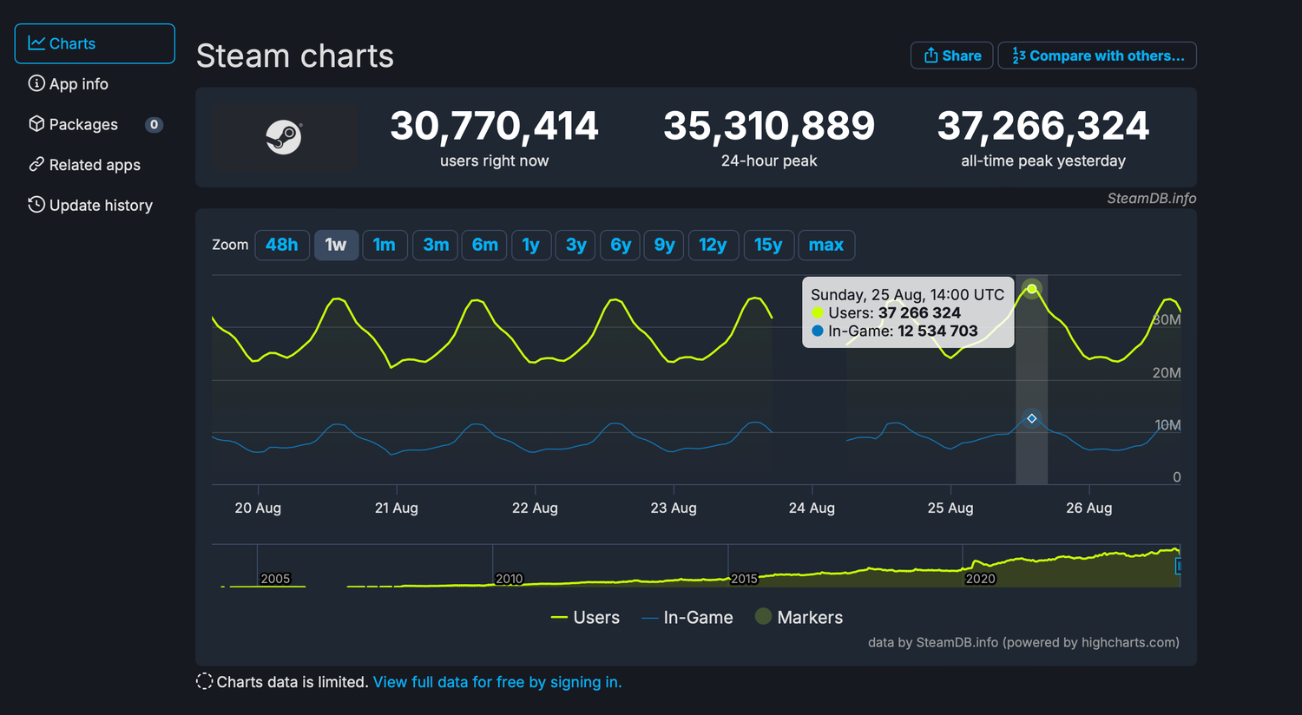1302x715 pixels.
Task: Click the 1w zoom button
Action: tap(336, 245)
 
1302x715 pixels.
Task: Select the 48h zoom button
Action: tap(282, 245)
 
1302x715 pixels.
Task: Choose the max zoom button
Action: tap(825, 245)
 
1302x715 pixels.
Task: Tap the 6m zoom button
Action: tap(484, 245)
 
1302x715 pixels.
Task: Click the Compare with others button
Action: tap(1097, 56)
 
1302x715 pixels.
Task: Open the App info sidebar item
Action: tap(79, 84)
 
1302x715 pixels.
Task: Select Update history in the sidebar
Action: tap(101, 206)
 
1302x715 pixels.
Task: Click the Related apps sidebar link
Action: tap(95, 165)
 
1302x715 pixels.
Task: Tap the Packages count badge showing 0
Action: tap(154, 125)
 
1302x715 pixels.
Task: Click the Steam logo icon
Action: tap(284, 137)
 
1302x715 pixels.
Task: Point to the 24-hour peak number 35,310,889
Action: tap(769, 127)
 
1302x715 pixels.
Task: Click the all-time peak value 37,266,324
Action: tap(1042, 127)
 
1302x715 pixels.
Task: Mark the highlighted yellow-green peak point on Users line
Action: tap(1031, 289)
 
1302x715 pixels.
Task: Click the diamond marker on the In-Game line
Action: tap(1031, 419)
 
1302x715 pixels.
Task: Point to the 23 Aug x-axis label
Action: tap(674, 508)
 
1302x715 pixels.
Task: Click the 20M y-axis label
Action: tap(1166, 373)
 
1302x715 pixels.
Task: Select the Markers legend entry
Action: tap(799, 617)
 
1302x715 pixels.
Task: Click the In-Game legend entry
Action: tap(688, 618)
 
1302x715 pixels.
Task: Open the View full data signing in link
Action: tap(497, 682)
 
